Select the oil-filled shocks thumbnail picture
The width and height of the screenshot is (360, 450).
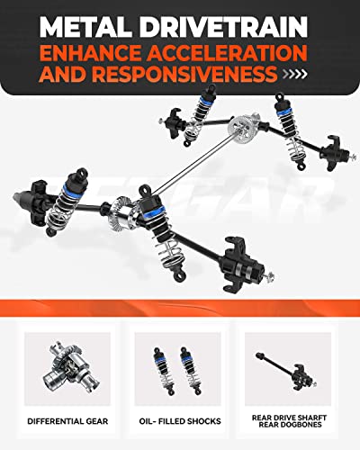179,368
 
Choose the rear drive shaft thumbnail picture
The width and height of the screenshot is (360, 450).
292,368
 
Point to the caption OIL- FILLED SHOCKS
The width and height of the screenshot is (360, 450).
179,419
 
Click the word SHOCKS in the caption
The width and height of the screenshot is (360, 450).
203,419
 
